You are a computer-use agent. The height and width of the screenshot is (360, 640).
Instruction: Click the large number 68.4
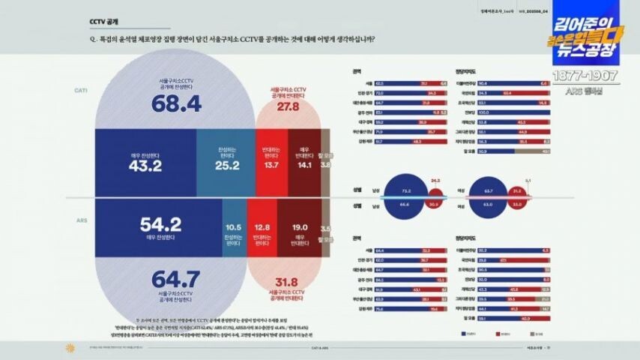point(176,104)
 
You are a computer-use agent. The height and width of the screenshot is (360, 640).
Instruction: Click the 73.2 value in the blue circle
point(406,191)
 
